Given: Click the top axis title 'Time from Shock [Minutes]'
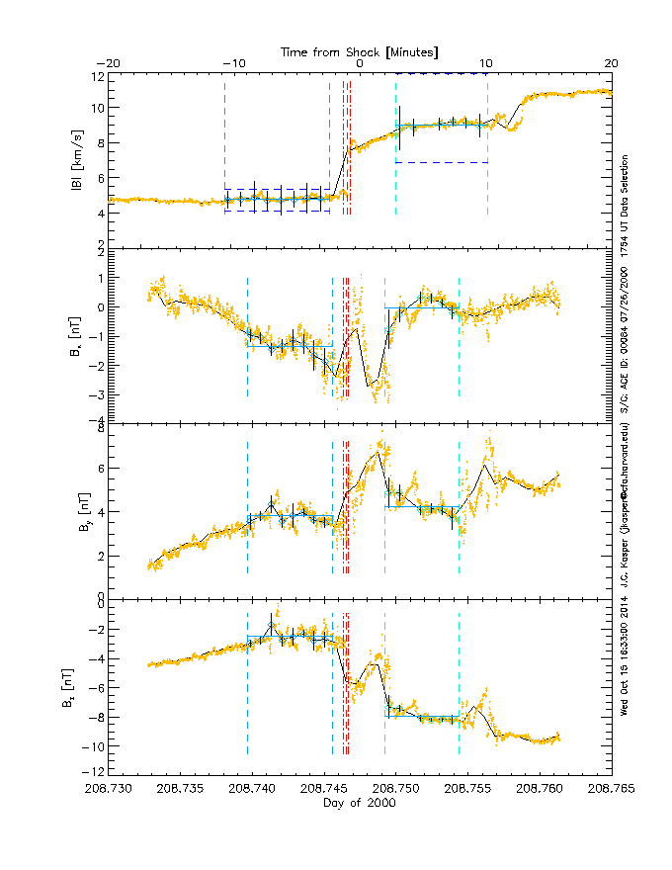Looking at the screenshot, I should [x=359, y=51].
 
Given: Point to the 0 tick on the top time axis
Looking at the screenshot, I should [x=360, y=63].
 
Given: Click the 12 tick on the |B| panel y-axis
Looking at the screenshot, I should [x=99, y=76].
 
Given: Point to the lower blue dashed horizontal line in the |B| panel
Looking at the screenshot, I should [x=442, y=162].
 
